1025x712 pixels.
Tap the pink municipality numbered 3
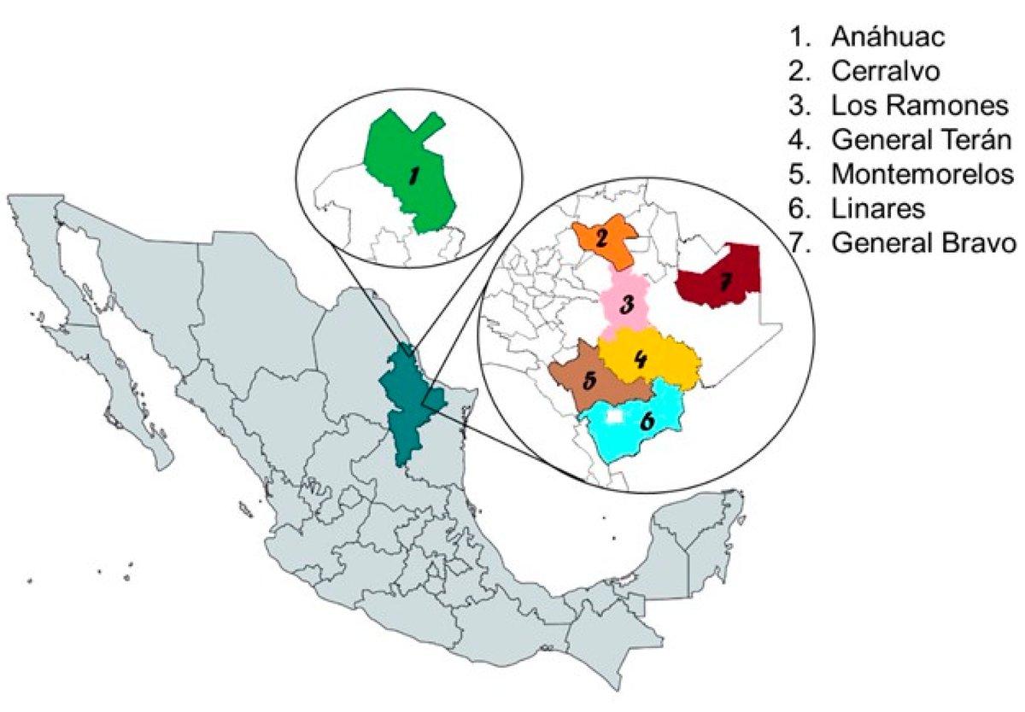click(x=625, y=301)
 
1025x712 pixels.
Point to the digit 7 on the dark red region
click(x=725, y=283)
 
